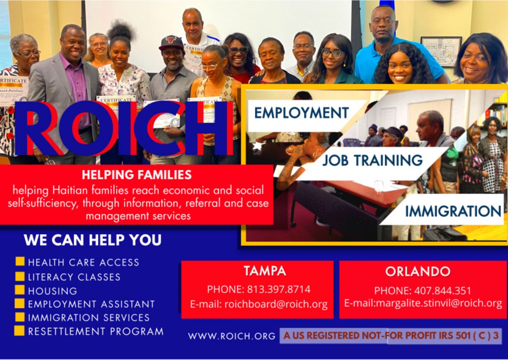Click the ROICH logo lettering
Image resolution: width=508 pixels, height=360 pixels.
pos(124,129)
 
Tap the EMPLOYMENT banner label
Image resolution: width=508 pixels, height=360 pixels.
pos(301,113)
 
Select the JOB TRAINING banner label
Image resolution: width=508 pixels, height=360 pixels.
pos(373,160)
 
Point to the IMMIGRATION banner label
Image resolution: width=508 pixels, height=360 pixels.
pos(453,211)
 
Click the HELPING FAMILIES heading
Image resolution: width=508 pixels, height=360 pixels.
pos(137,174)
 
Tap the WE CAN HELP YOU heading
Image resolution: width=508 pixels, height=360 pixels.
pos(93,240)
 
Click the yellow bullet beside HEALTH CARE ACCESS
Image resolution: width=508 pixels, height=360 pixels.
pos(20,261)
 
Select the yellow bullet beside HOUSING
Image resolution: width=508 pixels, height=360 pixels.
pos(20,290)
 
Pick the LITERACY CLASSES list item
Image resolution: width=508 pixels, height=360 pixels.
pos(74,277)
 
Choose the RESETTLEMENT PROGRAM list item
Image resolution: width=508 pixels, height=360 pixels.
pos(96,332)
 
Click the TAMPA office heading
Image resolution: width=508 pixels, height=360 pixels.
pos(265,271)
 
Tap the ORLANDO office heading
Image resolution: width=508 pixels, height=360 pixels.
pos(418,271)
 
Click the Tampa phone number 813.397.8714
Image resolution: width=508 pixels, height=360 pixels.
pos(279,289)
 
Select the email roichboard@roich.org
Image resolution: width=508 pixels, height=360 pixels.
pos(276,304)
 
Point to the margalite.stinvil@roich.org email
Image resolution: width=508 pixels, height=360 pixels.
pos(439,303)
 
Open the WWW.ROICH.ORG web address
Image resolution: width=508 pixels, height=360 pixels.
pos(232,336)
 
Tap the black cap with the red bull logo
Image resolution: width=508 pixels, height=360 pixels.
pos(171,43)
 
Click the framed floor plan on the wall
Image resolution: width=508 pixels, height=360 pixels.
pos(441,52)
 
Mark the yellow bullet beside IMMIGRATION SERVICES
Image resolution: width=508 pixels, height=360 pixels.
pos(20,317)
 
